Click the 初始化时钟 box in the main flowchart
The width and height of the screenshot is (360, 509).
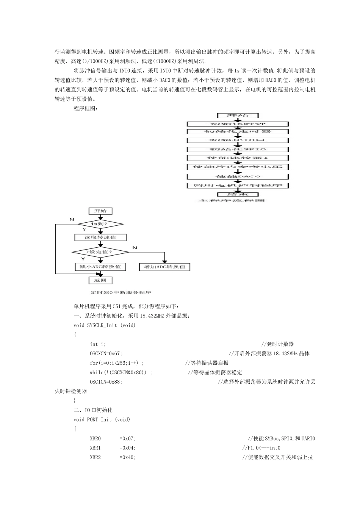[x=238, y=124]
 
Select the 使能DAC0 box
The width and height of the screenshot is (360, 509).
[x=238, y=176]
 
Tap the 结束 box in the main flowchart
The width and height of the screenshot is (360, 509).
[x=238, y=194]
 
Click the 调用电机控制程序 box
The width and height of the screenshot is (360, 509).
[x=238, y=186]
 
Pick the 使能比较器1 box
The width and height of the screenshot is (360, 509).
[x=238, y=158]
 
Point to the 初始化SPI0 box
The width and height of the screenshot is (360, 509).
[x=238, y=149]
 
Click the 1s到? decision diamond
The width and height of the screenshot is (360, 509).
[x=100, y=224]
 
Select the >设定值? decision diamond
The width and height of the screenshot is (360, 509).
[x=100, y=251]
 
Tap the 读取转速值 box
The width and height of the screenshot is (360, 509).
[x=100, y=237]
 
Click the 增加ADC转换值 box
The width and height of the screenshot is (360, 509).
[x=164, y=267]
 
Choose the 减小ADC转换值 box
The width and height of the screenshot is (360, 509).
[x=100, y=267]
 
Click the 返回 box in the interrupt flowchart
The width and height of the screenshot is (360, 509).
[x=100, y=280]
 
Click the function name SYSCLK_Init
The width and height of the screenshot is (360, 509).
[x=102, y=325]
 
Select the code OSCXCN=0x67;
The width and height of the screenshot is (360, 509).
[x=106, y=354]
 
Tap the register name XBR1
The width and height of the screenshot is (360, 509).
[x=95, y=448]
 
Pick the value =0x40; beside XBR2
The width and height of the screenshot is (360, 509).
[x=128, y=457]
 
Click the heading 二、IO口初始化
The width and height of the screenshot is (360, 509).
[x=93, y=410]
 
